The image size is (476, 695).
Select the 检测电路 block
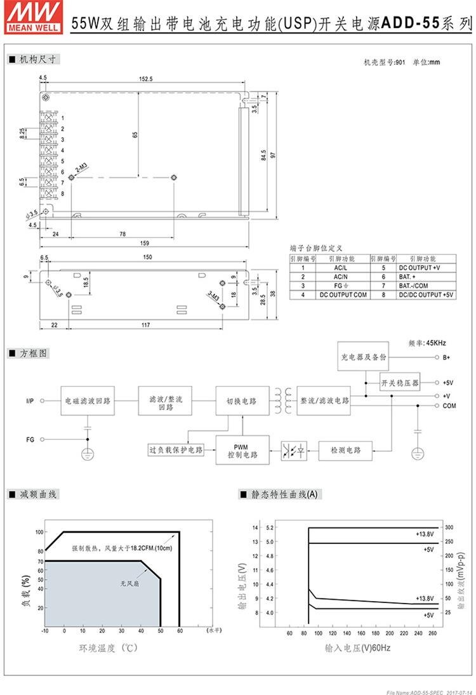tap(345, 450)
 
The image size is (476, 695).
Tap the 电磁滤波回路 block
tap(88, 401)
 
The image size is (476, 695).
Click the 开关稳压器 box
tap(400, 383)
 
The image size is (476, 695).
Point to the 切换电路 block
tap(241, 401)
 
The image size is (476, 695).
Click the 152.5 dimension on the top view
tap(146, 79)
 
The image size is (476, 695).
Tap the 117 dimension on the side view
tap(145, 325)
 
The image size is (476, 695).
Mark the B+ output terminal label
tap(447, 357)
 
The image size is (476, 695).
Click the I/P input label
tap(30, 401)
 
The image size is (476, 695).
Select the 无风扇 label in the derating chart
tap(131, 583)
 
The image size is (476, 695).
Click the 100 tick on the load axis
tap(39, 532)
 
